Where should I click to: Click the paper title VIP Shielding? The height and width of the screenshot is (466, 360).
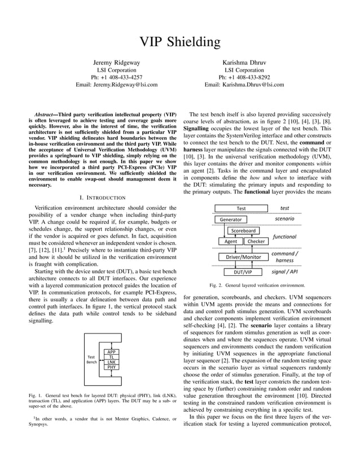pos(180,42)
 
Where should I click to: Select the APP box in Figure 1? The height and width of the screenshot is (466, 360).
pos(112,352)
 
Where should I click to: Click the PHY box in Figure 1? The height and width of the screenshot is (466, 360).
pos(112,367)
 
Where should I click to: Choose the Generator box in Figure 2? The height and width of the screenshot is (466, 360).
pos(231,219)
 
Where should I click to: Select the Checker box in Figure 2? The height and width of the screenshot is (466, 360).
pos(256,241)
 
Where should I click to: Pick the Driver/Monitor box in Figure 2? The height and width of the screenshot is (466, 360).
pos(243,257)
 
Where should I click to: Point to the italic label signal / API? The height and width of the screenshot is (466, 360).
pos(285,271)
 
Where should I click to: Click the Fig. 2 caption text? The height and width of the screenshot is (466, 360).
pos(257,285)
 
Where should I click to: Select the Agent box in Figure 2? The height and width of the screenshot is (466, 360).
pos(231,241)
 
